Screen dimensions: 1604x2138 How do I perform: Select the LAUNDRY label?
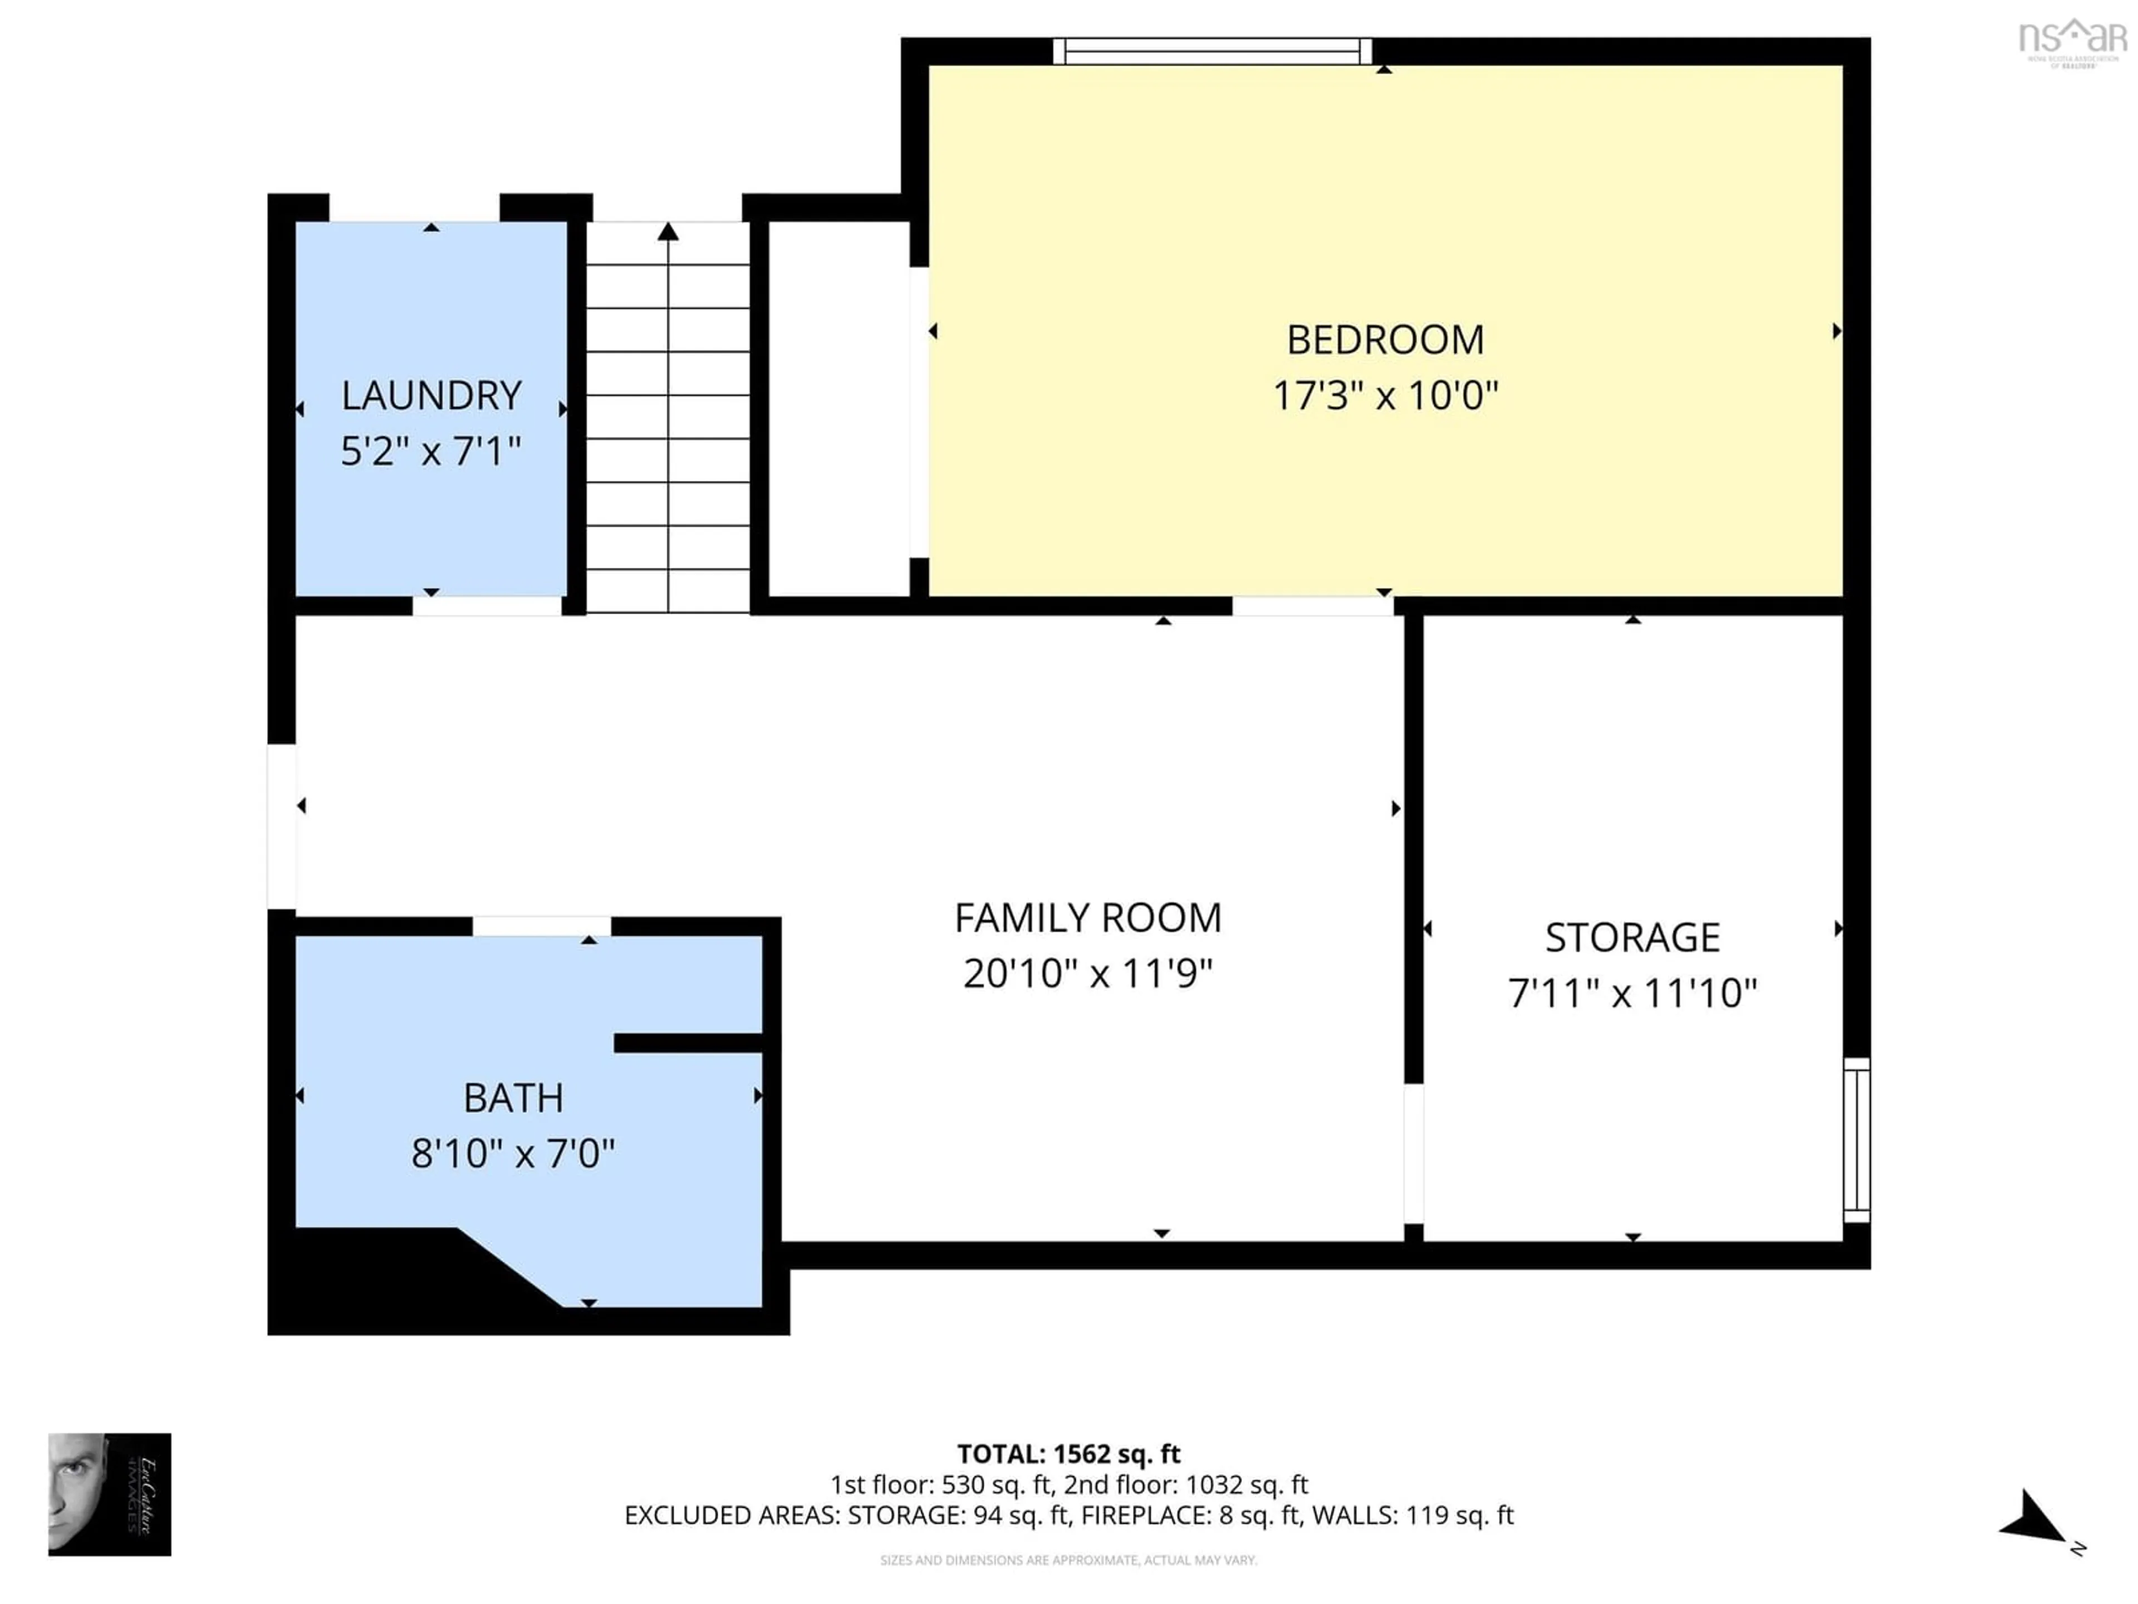tap(431, 395)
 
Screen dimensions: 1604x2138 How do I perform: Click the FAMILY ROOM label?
tap(1087, 917)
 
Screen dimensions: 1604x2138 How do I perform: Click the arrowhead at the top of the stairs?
tap(668, 231)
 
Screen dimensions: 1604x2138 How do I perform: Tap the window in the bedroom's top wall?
tap(1212, 51)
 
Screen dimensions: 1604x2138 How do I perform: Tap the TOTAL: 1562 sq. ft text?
tap(1068, 1454)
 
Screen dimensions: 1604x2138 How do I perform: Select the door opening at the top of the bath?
tap(541, 926)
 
